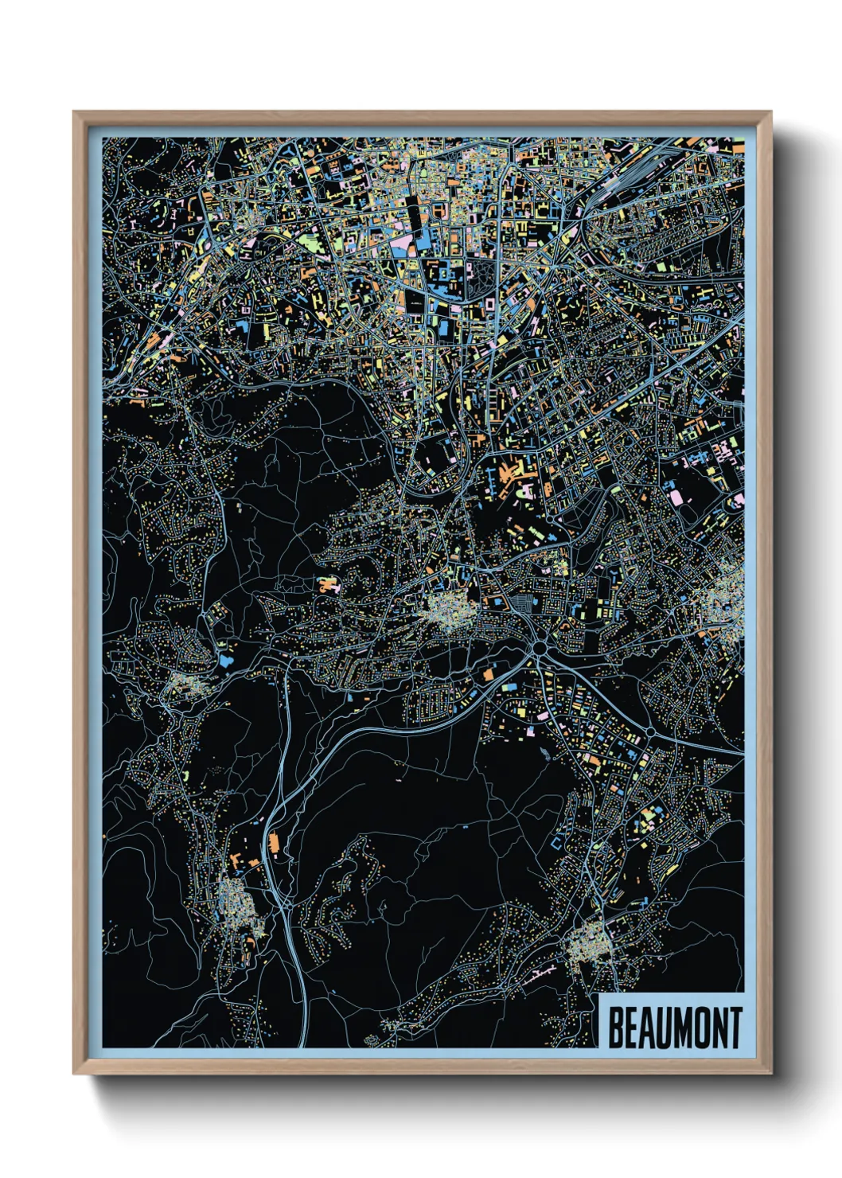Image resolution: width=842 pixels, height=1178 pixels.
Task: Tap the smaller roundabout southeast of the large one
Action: [x=649, y=730]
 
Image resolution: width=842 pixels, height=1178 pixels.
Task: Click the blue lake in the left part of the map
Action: [x=226, y=660]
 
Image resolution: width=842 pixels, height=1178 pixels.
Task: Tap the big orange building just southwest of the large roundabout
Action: [x=487, y=674]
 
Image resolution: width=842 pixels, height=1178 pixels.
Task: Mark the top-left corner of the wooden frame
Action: [x=75, y=112]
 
